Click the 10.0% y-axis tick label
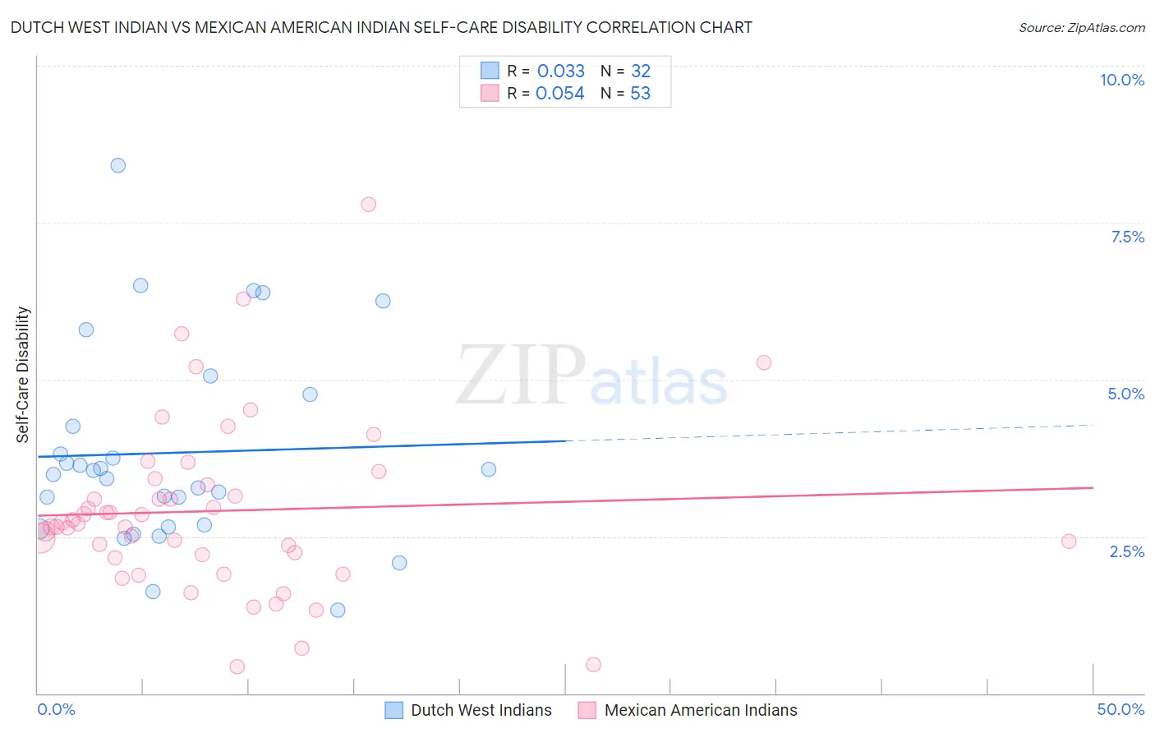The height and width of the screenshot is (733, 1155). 1121,80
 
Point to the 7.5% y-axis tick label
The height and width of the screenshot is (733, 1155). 1127,237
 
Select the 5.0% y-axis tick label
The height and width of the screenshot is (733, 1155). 1125,394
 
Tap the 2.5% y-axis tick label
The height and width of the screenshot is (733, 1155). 1126,551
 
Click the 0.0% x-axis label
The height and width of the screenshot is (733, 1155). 56,709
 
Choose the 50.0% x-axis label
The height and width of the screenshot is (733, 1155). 1120,709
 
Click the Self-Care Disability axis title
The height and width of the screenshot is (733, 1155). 23,375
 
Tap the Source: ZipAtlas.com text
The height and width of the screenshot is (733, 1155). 1081,27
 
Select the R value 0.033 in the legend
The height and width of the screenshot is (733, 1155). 560,71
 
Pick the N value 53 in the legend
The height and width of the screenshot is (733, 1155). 640,93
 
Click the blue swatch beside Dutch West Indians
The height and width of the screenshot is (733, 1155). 394,710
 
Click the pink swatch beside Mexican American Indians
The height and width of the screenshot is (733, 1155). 587,710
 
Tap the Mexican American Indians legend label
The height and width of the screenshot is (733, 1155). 700,710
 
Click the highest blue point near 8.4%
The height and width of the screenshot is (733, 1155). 118,165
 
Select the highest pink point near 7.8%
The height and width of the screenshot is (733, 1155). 369,204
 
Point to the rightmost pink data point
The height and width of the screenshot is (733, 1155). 1069,541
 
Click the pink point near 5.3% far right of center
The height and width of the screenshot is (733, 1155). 764,362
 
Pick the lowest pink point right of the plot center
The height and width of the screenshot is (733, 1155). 593,664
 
